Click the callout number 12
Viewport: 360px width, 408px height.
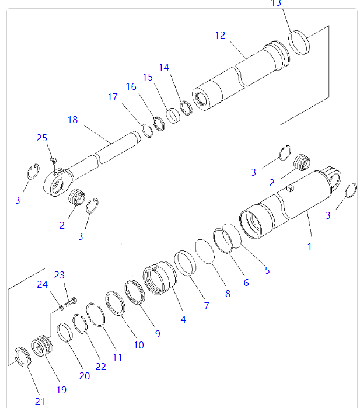[x=219, y=35]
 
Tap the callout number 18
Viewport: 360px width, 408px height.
[x=72, y=120]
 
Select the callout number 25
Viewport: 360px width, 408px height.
[x=42, y=138]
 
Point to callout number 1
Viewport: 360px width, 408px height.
[x=309, y=246]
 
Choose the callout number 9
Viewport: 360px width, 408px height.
[x=157, y=334]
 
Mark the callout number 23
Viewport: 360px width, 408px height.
[x=60, y=275]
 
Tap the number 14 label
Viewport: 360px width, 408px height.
[x=164, y=67]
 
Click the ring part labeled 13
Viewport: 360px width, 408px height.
[x=299, y=42]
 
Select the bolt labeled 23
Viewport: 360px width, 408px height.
[x=72, y=302]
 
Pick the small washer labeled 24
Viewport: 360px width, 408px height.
[x=61, y=307]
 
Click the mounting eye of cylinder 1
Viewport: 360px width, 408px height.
[x=334, y=176]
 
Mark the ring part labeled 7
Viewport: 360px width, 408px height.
[x=186, y=263]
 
